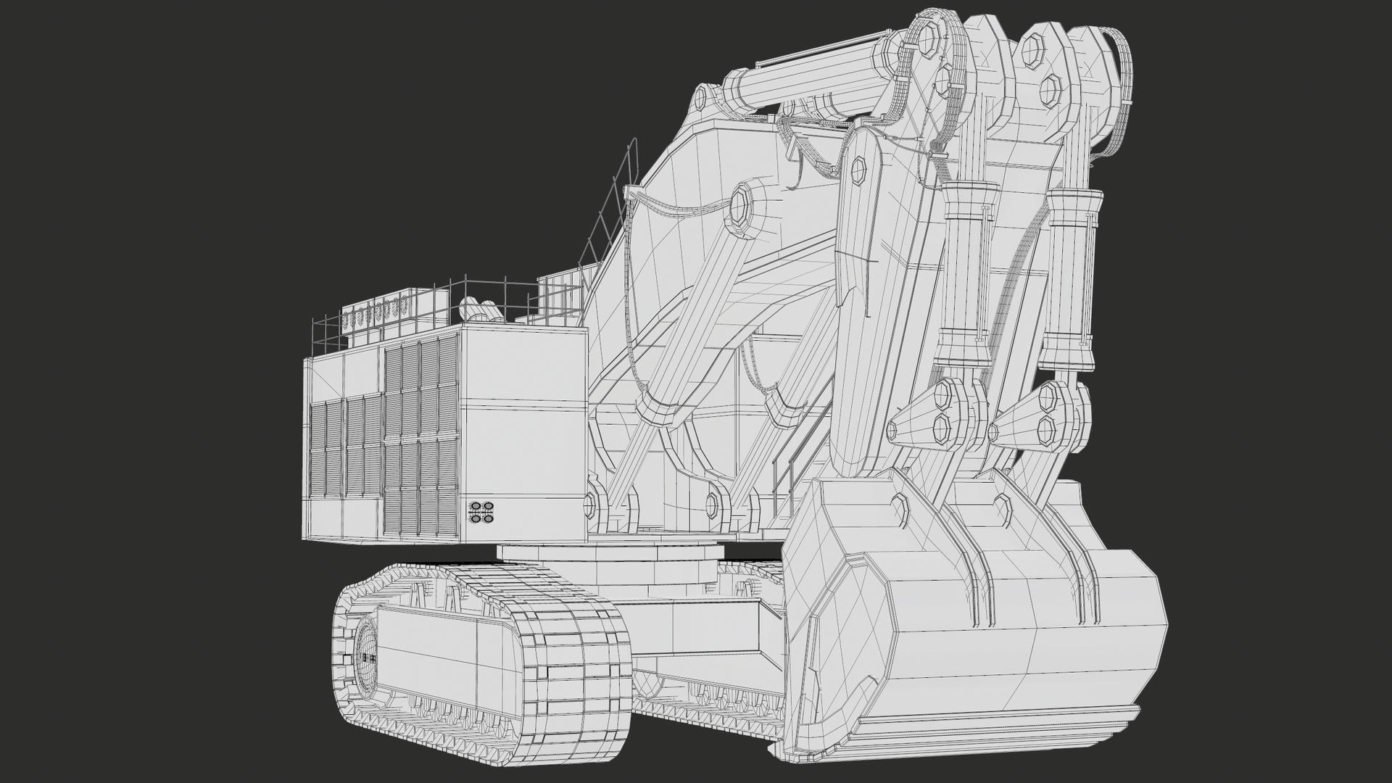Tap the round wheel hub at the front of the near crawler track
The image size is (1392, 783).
[366, 658]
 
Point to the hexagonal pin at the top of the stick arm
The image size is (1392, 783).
[858, 170]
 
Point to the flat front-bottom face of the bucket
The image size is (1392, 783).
[1015, 667]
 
